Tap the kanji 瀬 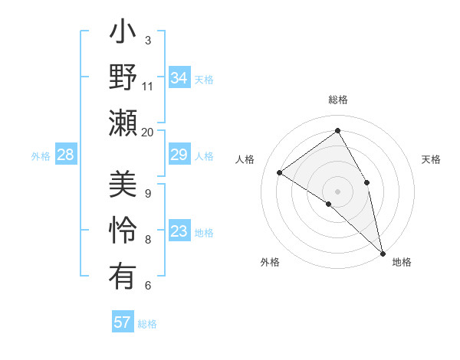click(x=123, y=123)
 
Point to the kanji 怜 click(x=123, y=231)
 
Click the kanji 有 click(x=123, y=276)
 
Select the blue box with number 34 click(x=179, y=77)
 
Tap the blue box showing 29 click(x=179, y=155)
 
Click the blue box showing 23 click(x=179, y=232)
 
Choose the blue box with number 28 click(x=66, y=155)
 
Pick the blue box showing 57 click(x=123, y=322)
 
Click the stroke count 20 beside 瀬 click(x=148, y=132)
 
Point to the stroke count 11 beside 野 click(x=148, y=86)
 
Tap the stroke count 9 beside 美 click(x=148, y=193)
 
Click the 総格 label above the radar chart click(x=338, y=100)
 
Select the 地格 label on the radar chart click(x=402, y=262)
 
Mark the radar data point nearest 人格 click(x=280, y=172)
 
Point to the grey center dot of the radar click(x=337, y=191)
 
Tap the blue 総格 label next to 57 click(x=147, y=324)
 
